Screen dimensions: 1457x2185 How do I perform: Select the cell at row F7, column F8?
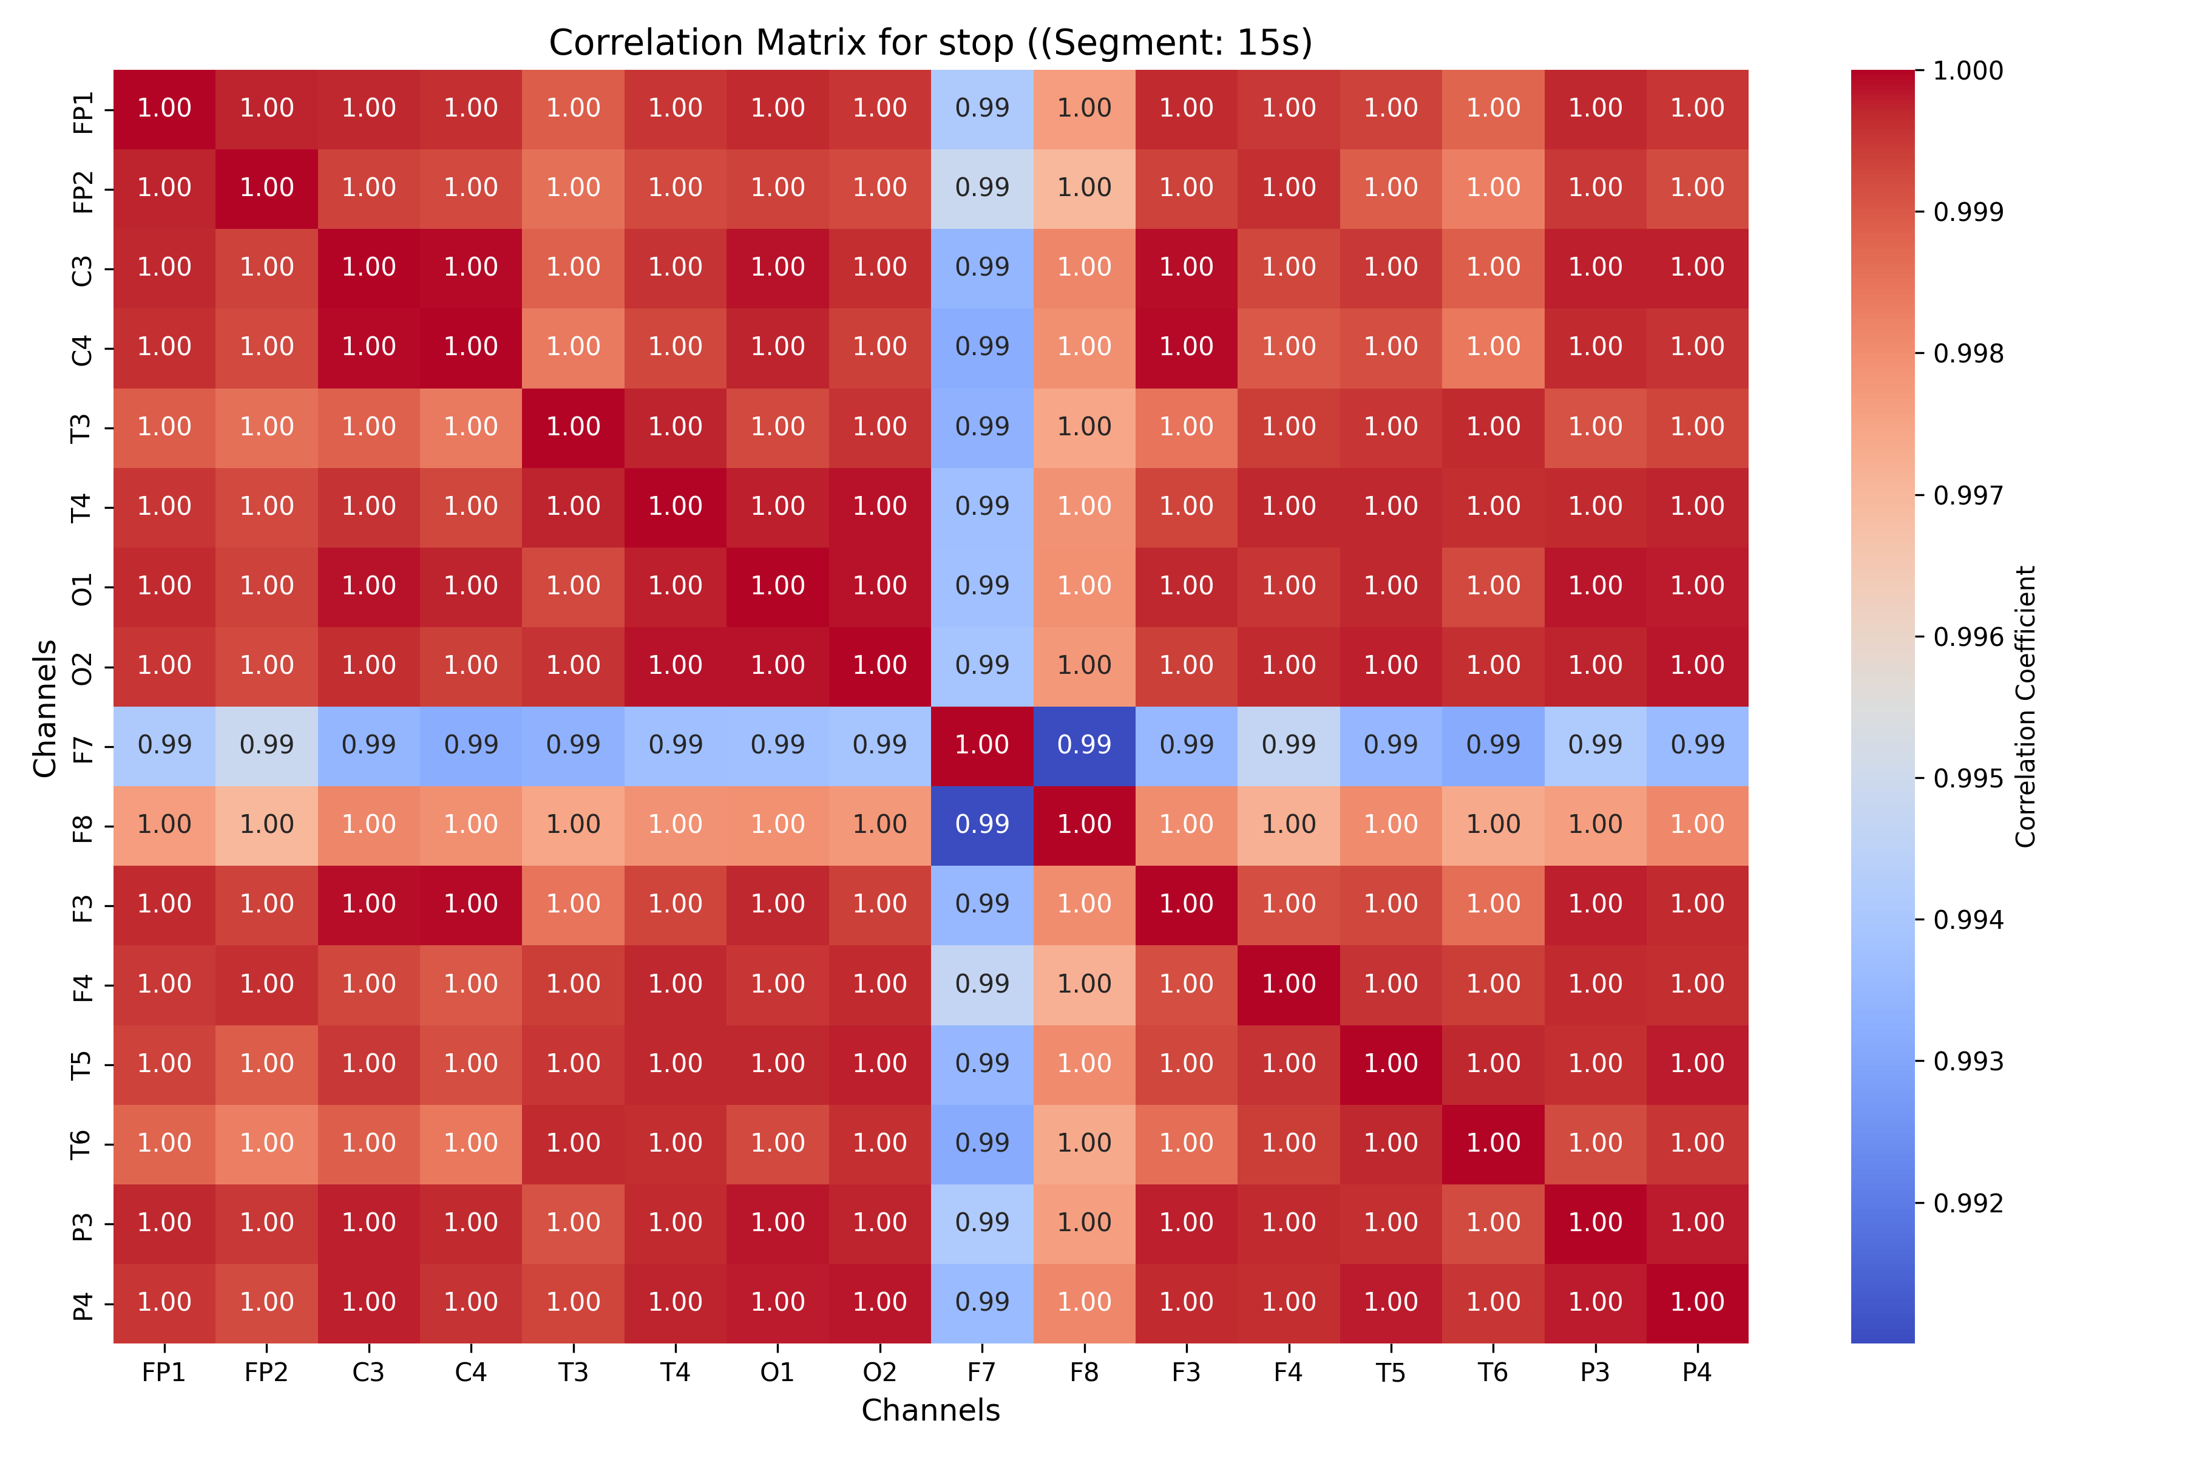point(1084,745)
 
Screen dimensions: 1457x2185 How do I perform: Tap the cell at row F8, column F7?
point(982,825)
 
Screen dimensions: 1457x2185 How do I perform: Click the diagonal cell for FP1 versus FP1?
point(164,109)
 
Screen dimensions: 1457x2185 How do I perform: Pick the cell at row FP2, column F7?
point(982,188)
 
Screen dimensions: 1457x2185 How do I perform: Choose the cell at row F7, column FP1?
point(164,745)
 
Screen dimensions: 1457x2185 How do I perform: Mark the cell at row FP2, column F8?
point(1084,188)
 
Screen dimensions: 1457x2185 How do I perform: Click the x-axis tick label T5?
point(1391,1373)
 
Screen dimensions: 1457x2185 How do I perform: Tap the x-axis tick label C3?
point(369,1373)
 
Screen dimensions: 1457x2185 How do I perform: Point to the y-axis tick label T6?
point(83,1144)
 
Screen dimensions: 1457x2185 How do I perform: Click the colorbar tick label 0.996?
point(1968,637)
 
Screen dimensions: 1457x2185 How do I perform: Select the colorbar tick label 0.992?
point(1968,1203)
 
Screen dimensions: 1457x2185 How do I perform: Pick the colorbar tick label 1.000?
point(1968,70)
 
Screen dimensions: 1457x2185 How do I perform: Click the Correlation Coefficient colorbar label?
point(2025,706)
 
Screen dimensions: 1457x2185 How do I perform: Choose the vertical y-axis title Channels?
point(44,707)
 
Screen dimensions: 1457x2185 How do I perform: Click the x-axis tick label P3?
point(1595,1373)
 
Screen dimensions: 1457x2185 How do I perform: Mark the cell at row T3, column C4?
point(471,427)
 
